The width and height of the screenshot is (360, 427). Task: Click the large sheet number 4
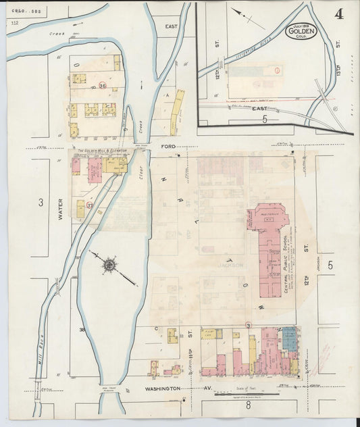point(337,14)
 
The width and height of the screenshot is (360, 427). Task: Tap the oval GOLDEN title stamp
point(301,31)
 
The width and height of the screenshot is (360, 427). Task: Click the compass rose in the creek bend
point(109,264)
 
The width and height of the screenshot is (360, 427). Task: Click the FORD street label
point(168,146)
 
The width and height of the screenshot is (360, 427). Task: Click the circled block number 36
point(103,86)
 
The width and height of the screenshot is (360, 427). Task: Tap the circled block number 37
point(89,205)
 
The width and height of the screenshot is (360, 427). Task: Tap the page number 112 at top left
point(14,24)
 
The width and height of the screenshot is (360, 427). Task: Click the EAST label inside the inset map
point(259,108)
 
